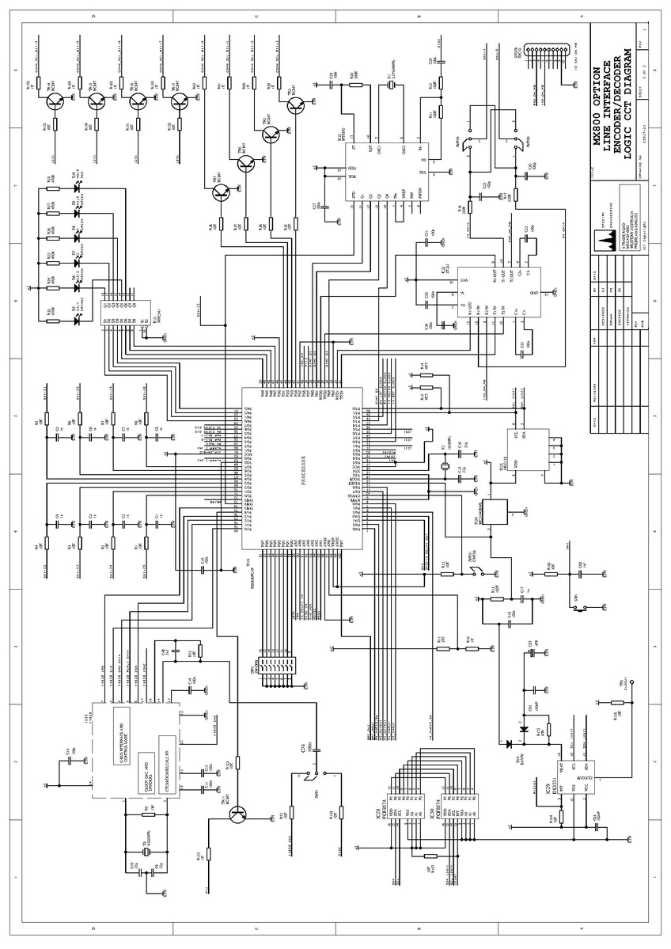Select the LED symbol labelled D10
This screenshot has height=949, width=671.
tap(77, 189)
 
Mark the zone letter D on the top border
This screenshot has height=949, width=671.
tap(94, 16)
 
